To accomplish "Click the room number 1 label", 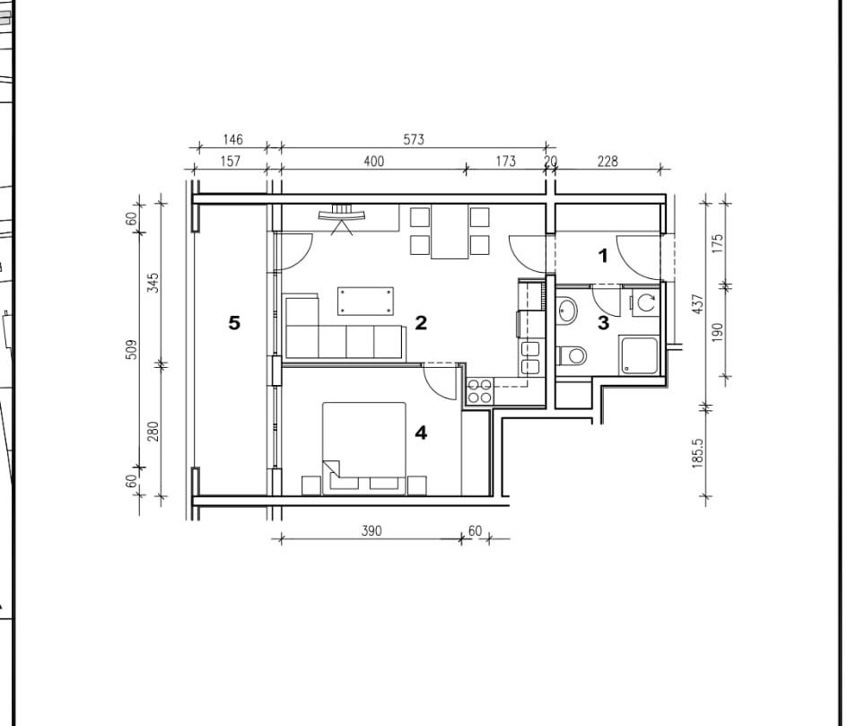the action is click(604, 256).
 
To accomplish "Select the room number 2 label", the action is click(421, 323).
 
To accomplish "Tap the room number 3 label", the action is click(603, 323).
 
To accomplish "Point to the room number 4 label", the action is click(421, 433).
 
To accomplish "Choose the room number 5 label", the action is click(233, 323).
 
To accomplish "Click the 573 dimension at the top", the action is click(414, 140).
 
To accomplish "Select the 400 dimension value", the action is click(373, 162).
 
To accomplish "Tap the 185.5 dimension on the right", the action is click(697, 453).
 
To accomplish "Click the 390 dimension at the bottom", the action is click(372, 530).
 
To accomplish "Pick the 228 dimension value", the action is click(608, 162).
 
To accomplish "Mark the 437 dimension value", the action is click(697, 304).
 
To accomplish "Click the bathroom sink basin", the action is click(567, 311).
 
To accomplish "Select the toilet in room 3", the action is click(572, 355).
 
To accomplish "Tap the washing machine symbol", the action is click(644, 302).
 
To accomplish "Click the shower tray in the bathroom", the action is click(639, 355).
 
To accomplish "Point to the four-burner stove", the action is click(480, 391).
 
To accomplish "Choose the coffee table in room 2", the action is click(365, 302).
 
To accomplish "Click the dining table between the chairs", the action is click(450, 232).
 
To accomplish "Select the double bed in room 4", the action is click(364, 449).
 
